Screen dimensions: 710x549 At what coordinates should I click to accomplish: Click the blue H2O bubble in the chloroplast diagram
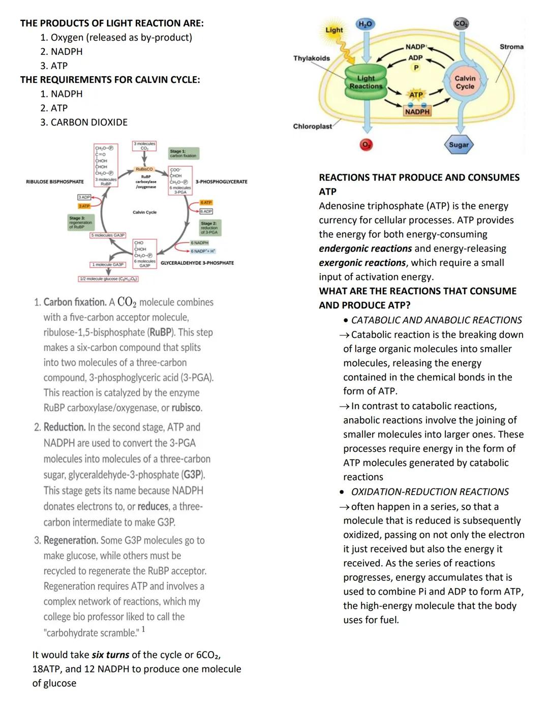click(x=365, y=24)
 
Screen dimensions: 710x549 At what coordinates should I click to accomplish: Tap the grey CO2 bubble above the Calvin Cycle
click(x=461, y=24)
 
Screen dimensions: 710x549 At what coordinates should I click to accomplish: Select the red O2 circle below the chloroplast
click(x=364, y=145)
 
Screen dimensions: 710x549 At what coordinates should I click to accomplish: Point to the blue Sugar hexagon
click(x=459, y=144)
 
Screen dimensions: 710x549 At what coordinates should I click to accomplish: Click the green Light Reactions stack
click(x=365, y=83)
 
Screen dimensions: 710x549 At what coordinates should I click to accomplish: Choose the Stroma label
click(x=511, y=47)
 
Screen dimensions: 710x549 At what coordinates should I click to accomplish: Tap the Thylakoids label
click(x=312, y=58)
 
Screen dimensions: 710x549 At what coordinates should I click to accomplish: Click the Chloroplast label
click(x=312, y=126)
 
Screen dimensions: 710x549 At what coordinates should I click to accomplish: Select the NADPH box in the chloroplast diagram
click(x=417, y=111)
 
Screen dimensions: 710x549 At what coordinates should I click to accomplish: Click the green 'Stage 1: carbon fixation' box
click(x=183, y=153)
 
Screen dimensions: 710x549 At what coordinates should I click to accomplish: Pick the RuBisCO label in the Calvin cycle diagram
click(x=144, y=169)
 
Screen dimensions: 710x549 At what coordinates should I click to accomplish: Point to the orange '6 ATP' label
click(x=206, y=203)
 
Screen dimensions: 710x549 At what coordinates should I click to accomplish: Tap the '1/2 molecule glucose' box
click(x=108, y=279)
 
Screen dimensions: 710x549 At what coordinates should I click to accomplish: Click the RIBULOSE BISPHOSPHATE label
click(x=55, y=181)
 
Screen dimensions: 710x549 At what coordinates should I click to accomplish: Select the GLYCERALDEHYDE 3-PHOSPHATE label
click(x=197, y=263)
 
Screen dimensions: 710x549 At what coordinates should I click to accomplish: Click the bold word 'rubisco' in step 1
click(x=187, y=408)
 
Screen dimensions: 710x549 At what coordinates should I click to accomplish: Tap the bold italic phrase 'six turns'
click(x=110, y=655)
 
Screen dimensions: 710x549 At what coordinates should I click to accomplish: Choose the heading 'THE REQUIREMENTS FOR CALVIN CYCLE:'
click(x=110, y=80)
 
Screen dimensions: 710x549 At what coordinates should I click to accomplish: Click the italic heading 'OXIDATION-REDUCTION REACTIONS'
click(x=430, y=492)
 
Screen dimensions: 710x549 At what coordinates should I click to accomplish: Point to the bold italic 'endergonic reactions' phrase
click(x=365, y=249)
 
